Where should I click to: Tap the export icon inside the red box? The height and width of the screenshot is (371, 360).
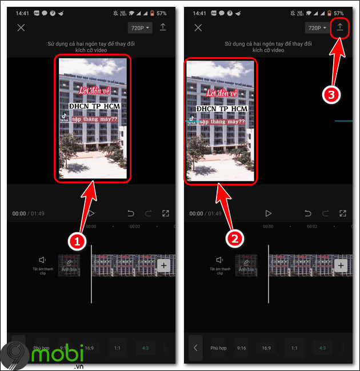pos(340,27)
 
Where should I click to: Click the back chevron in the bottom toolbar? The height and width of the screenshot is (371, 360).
pos(195,348)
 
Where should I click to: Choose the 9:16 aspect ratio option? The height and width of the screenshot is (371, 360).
pos(241,348)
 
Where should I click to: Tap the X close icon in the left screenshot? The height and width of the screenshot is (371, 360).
pos(21,27)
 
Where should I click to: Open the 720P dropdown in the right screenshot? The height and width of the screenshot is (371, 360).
pos(317,27)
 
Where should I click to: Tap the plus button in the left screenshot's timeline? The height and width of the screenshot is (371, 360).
pos(163,265)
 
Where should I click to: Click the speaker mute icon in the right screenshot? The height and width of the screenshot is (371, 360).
pos(220,260)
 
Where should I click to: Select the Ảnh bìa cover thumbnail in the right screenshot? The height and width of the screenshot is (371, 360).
pos(247,265)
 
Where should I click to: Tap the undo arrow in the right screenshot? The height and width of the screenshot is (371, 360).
pos(308,213)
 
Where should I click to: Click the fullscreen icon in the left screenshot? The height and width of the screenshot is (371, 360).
pos(166,213)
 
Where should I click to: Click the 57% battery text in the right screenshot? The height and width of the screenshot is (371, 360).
pos(338,13)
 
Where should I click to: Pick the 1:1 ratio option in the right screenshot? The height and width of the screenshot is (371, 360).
pos(294,348)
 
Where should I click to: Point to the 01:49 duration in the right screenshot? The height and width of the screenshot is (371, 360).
pos(215,213)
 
